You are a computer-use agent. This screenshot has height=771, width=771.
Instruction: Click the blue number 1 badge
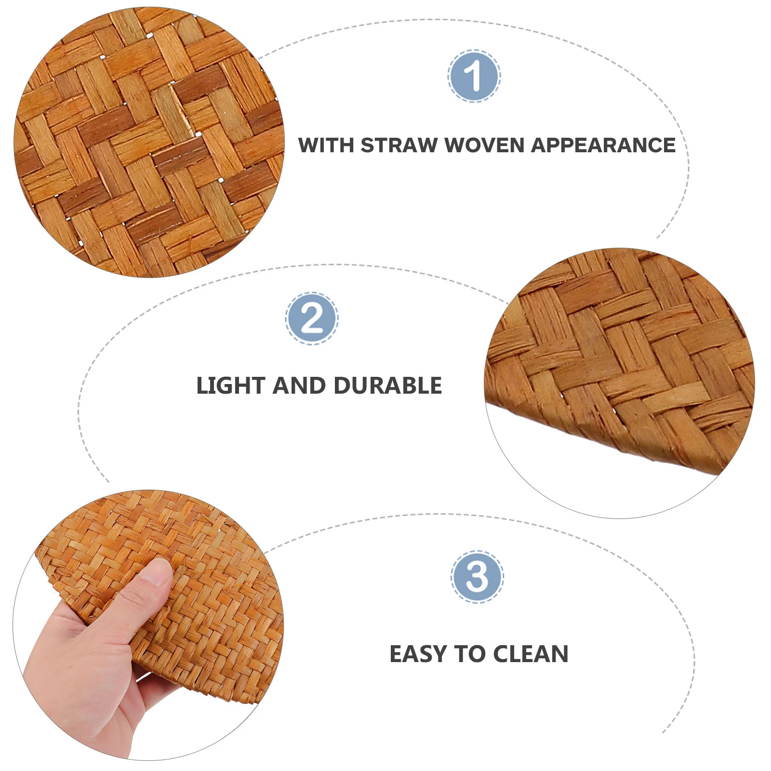point(474,76)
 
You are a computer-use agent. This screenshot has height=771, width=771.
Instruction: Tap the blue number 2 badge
point(312,318)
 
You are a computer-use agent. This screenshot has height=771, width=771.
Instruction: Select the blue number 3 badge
point(477,576)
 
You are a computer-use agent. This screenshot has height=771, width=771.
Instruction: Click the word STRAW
point(399,145)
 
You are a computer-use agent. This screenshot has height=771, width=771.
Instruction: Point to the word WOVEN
point(484,145)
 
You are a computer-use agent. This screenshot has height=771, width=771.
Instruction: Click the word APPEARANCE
point(603,145)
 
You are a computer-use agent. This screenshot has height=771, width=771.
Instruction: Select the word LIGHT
point(231,385)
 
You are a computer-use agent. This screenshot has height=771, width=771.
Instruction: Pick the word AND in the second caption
point(299,385)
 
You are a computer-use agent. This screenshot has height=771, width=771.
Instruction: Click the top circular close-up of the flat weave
point(149,142)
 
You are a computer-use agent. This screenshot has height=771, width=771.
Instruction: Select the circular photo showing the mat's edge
point(619,383)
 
